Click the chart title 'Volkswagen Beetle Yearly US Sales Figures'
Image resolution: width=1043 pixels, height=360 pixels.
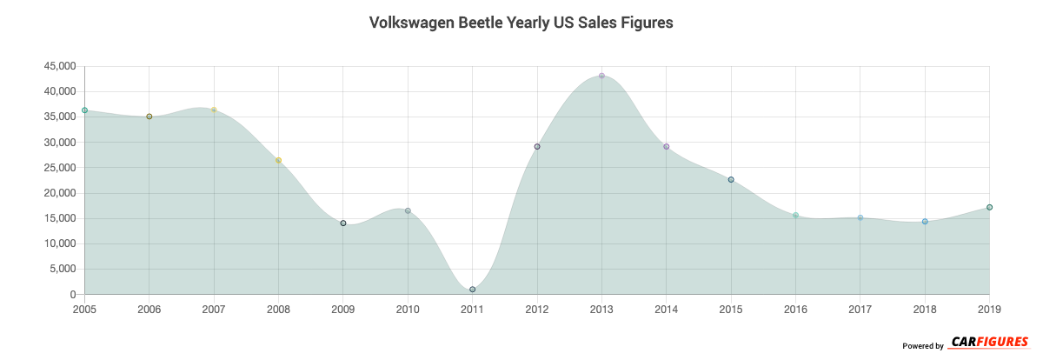pyautogui.click(x=521, y=23)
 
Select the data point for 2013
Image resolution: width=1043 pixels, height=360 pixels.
pyautogui.click(x=601, y=76)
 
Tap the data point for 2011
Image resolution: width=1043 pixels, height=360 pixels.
pyautogui.click(x=472, y=289)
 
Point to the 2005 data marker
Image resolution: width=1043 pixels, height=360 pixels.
pyautogui.click(x=84, y=110)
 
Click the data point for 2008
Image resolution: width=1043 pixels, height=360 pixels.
pyautogui.click(x=278, y=160)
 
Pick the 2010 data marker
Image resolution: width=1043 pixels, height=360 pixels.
pyautogui.click(x=408, y=210)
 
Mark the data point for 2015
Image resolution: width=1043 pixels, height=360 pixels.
pyautogui.click(x=731, y=179)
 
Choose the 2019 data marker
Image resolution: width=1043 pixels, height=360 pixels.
pyautogui.click(x=989, y=207)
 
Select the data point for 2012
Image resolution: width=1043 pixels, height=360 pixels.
pyautogui.click(x=537, y=146)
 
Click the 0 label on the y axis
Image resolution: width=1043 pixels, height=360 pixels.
pyautogui.click(x=73, y=295)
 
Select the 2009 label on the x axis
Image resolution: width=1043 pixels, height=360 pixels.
pyautogui.click(x=343, y=309)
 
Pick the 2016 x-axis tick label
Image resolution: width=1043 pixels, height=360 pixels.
pyautogui.click(x=795, y=309)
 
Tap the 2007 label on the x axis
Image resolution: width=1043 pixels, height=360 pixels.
pyautogui.click(x=214, y=309)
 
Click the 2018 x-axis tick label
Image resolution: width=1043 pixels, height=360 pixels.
pyautogui.click(x=925, y=309)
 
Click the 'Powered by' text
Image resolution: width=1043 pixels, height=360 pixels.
pyautogui.click(x=922, y=346)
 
